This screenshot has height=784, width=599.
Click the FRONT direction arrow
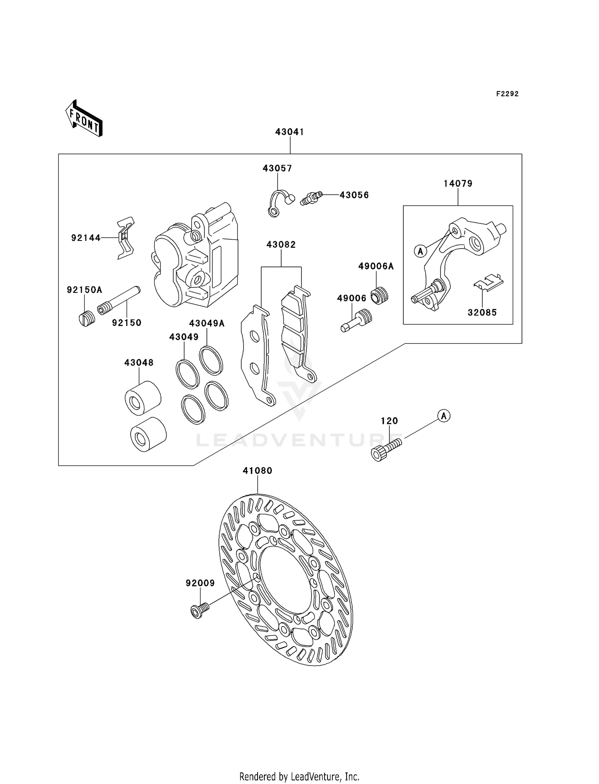point(84,119)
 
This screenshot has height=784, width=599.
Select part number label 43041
point(290,132)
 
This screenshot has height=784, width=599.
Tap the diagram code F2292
point(507,94)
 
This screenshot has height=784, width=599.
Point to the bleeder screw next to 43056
point(311,197)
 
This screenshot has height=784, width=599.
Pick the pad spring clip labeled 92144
point(126,238)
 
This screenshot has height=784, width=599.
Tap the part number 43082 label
point(281,245)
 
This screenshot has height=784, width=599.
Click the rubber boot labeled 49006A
point(379,296)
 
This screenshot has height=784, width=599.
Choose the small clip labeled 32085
point(488,283)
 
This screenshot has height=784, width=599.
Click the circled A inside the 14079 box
point(420,251)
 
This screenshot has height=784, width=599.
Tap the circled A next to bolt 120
point(444,416)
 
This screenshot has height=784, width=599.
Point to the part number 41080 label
point(258,471)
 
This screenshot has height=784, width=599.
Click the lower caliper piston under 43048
point(148,435)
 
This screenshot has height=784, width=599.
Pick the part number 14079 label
point(458,183)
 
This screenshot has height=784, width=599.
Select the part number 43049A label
point(207,323)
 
